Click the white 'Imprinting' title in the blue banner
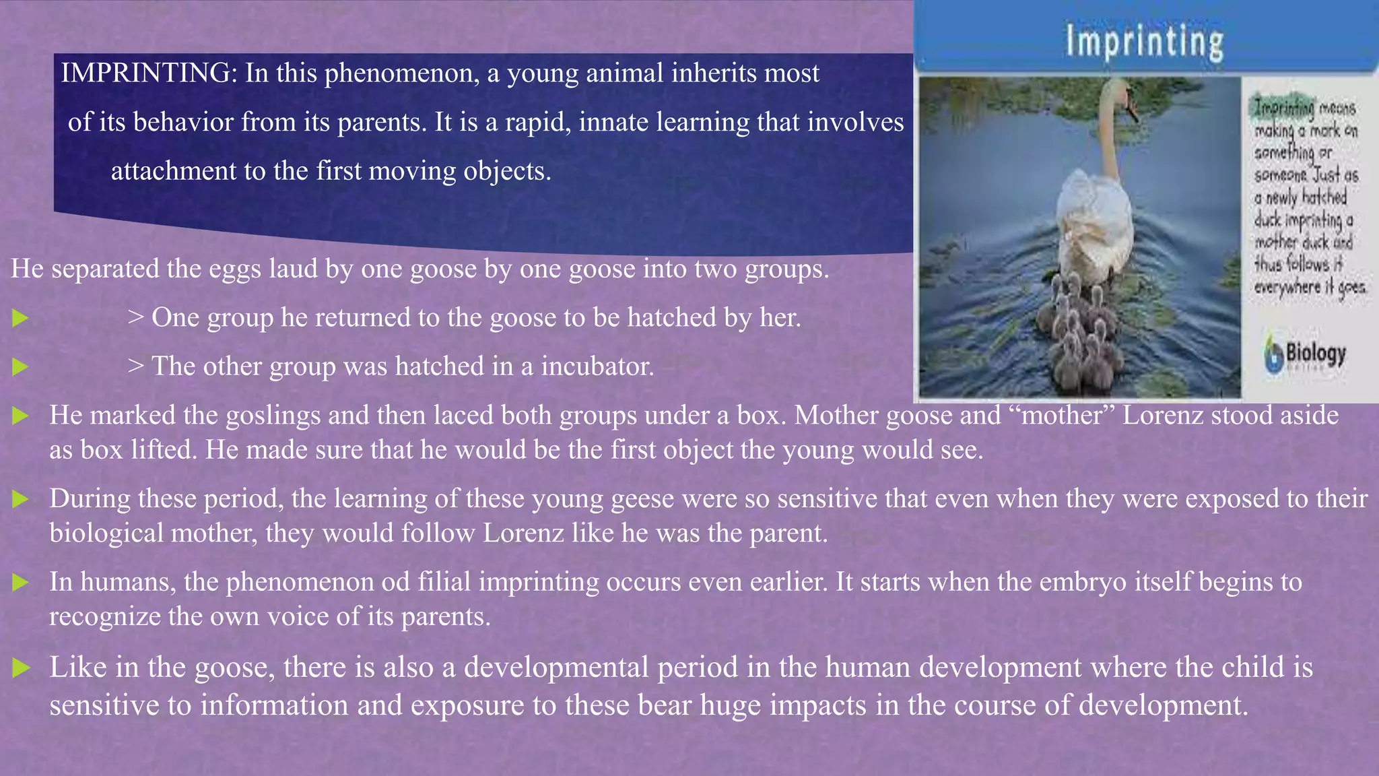click(x=1144, y=42)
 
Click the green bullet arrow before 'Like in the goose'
click(x=21, y=668)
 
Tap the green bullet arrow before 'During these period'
click(x=21, y=499)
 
